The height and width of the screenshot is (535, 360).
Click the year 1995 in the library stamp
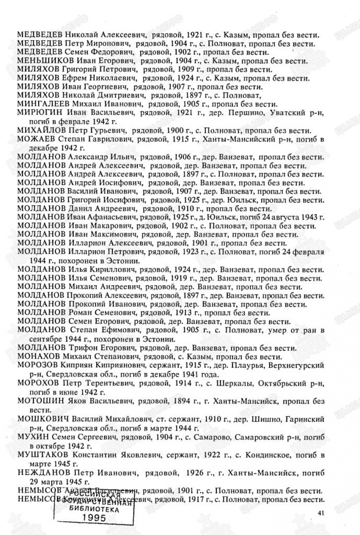tap(94, 518)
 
